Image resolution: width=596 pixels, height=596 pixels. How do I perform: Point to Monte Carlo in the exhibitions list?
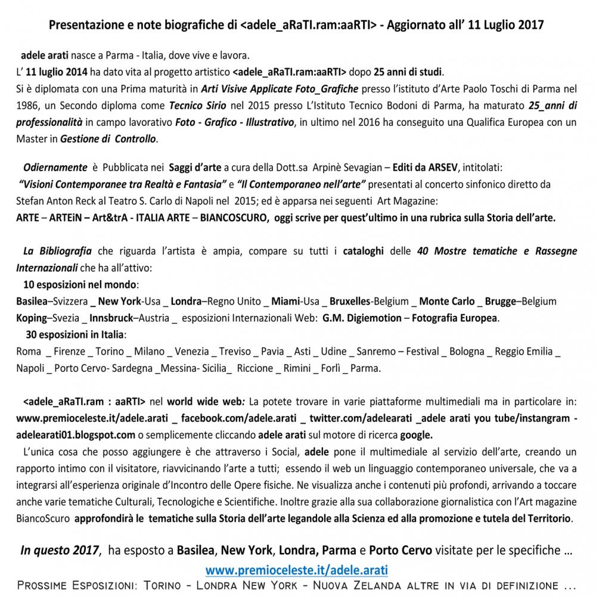click(447, 301)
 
